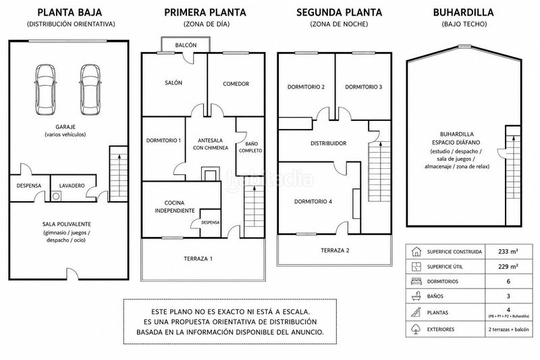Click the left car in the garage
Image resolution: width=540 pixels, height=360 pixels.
click(x=45, y=90)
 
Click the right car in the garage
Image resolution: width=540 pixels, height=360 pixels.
click(x=90, y=90)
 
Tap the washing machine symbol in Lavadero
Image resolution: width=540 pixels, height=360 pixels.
click(x=56, y=197)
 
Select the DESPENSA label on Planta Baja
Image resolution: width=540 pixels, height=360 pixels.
click(x=29, y=186)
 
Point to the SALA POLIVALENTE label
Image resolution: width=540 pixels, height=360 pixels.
click(x=66, y=224)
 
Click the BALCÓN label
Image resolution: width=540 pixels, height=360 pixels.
click(x=186, y=45)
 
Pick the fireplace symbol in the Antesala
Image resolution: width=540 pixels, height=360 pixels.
click(x=210, y=174)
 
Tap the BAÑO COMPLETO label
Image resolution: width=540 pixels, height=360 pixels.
click(x=250, y=147)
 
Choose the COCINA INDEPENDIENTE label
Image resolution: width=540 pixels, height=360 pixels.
click(x=175, y=207)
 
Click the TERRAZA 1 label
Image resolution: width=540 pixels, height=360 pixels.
click(x=198, y=259)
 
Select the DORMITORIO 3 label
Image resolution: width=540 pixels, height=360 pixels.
click(x=364, y=87)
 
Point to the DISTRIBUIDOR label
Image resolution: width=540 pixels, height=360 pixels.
click(x=329, y=143)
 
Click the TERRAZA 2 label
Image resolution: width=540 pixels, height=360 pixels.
click(x=335, y=251)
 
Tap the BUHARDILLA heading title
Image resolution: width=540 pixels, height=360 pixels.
click(x=464, y=12)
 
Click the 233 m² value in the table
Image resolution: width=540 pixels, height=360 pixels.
click(x=508, y=251)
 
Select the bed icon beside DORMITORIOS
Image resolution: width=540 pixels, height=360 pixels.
click(x=416, y=281)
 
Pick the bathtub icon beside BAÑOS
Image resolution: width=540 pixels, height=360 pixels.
click(x=416, y=296)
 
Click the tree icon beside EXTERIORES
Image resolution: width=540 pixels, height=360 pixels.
click(x=416, y=329)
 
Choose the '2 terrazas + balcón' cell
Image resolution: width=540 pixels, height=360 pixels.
click(x=508, y=330)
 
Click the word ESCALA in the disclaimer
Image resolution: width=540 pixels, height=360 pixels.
click(x=296, y=312)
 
